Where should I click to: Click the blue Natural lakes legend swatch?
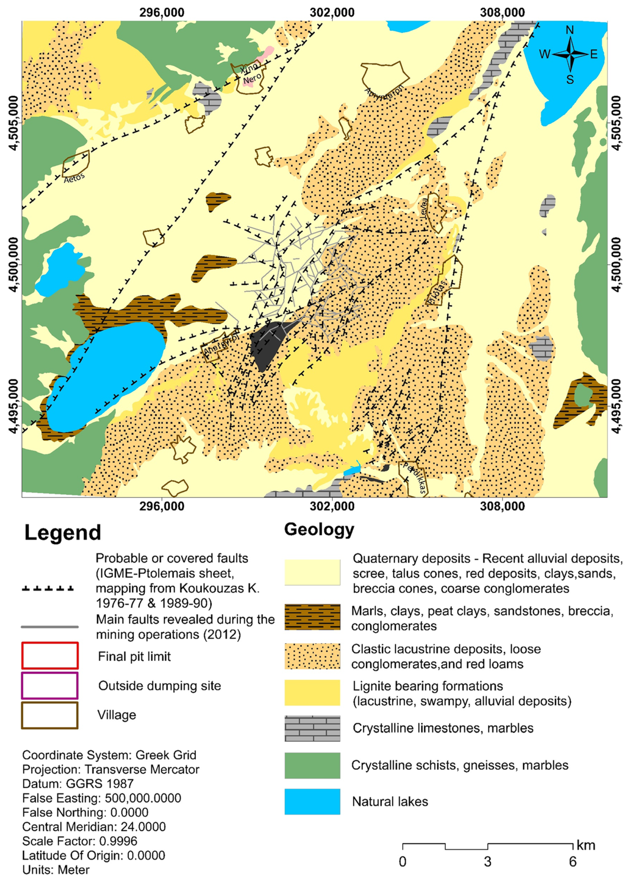[x=312, y=802]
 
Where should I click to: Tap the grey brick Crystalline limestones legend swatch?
[x=312, y=728]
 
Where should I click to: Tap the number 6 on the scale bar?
[x=573, y=862]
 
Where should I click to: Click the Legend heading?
[x=63, y=533]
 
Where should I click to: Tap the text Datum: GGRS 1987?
[x=78, y=784]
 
